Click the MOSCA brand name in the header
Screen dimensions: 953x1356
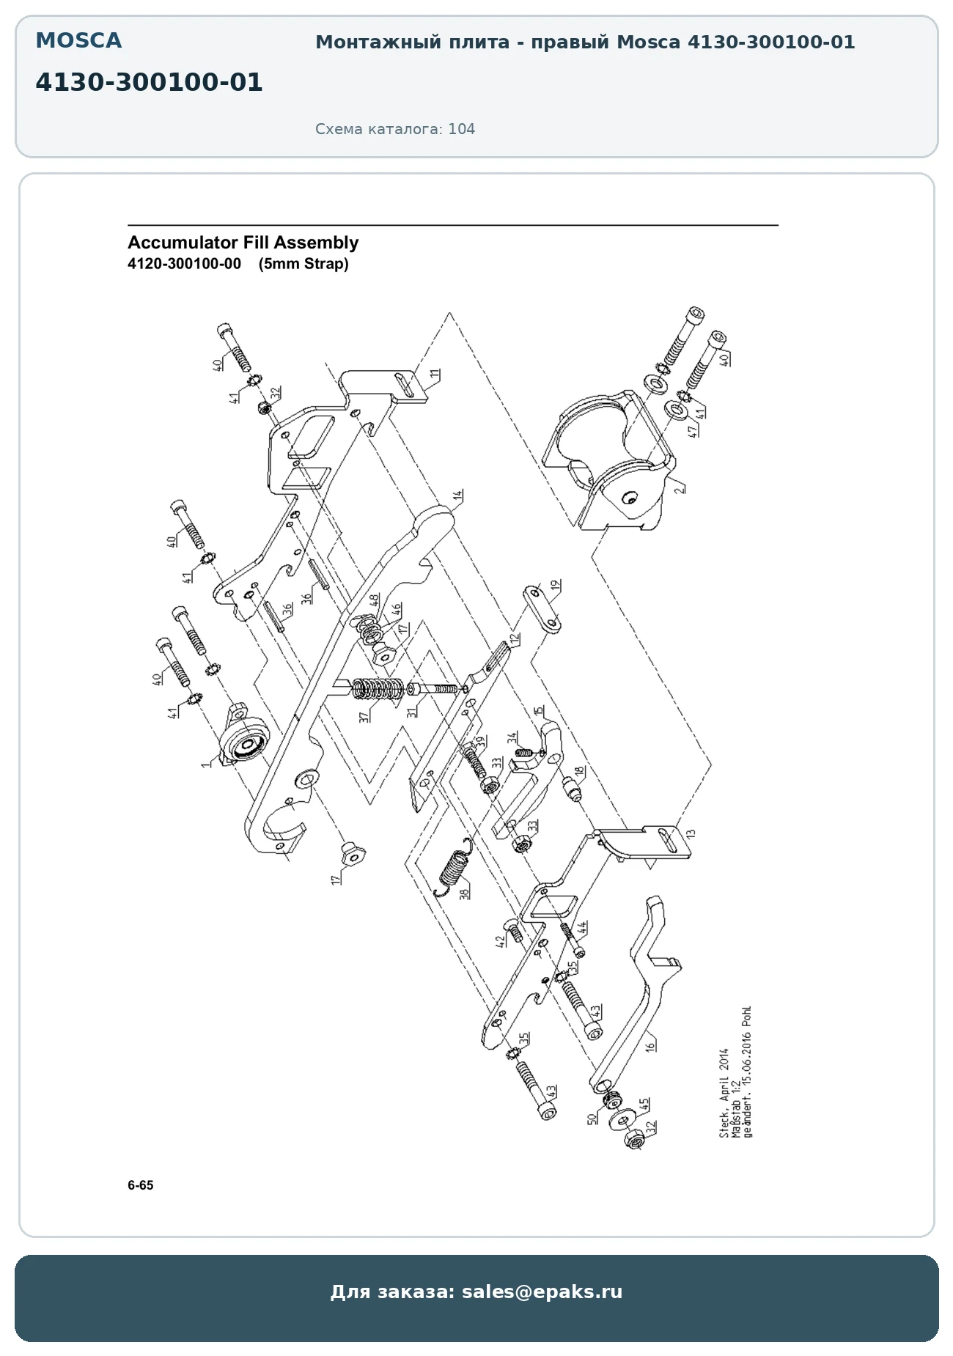pyautogui.click(x=78, y=41)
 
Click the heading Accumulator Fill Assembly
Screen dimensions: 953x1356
pyautogui.click(x=243, y=243)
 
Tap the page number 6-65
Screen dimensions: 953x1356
pyautogui.click(x=141, y=1185)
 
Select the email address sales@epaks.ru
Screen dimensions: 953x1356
pyautogui.click(x=542, y=1291)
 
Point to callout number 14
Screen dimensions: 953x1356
pyautogui.click(x=458, y=496)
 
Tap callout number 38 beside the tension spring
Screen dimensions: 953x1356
pyautogui.click(x=464, y=893)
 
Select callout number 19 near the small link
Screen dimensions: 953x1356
pyautogui.click(x=556, y=586)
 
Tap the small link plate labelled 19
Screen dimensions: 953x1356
pyautogui.click(x=542, y=608)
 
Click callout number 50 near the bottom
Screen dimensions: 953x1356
pyautogui.click(x=592, y=1119)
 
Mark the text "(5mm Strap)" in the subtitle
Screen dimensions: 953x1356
pyautogui.click(x=303, y=264)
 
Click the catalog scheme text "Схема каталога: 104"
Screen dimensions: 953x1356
pyautogui.click(x=395, y=129)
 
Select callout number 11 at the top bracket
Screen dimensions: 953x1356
pyautogui.click(x=435, y=375)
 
